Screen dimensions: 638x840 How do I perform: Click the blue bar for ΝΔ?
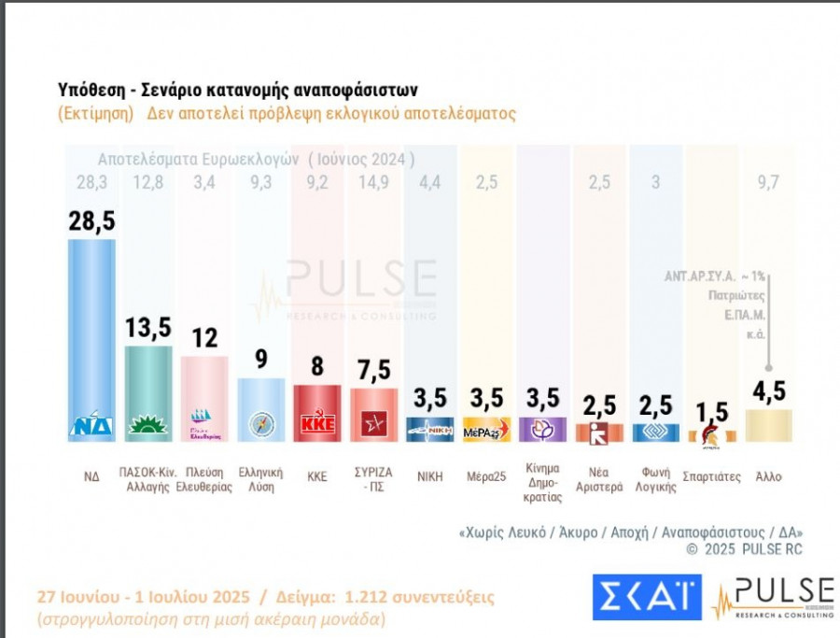point(91,336)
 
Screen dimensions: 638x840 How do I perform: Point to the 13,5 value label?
point(148,327)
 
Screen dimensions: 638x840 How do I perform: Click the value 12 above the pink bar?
point(204,338)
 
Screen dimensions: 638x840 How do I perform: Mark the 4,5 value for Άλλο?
point(769,390)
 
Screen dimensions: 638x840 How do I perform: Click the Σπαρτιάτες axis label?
point(712,476)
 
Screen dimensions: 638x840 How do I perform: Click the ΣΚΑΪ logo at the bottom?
point(645,597)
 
